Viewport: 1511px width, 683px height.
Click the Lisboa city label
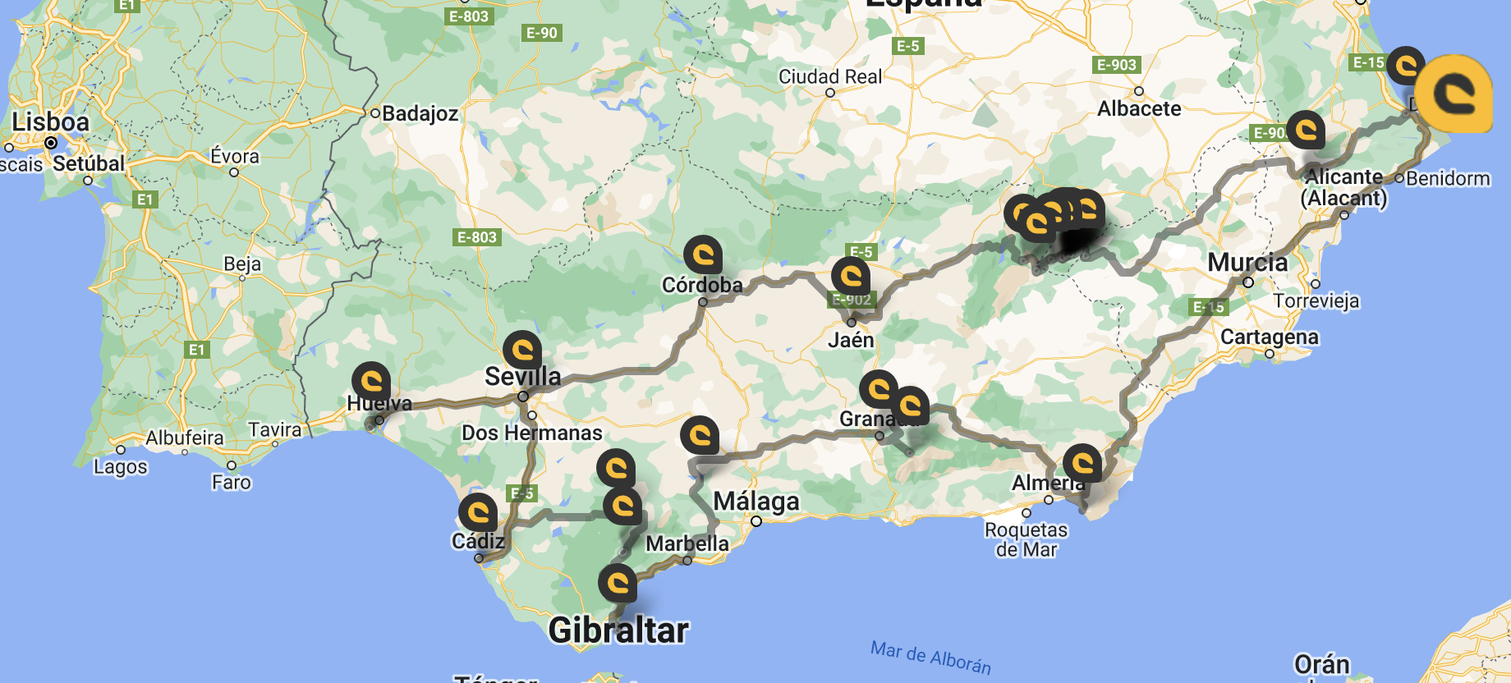click(50, 122)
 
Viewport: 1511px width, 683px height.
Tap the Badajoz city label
click(420, 113)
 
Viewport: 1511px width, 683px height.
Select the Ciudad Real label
click(829, 77)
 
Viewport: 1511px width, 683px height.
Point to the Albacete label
click(1139, 108)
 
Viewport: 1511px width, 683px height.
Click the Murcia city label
click(1247, 263)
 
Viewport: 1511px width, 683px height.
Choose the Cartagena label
click(1269, 337)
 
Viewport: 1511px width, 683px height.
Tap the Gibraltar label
click(618, 630)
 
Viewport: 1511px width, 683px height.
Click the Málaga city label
click(755, 501)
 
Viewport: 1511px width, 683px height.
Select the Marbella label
click(687, 543)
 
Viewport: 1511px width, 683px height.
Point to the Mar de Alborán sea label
click(930, 658)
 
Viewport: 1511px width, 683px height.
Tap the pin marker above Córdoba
click(703, 254)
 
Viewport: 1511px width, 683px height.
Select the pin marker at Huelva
click(371, 381)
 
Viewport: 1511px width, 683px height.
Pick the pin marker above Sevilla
click(522, 350)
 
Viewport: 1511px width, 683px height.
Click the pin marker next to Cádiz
click(478, 512)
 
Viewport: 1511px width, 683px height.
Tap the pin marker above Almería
click(1082, 463)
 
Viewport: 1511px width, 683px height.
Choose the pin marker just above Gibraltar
click(618, 583)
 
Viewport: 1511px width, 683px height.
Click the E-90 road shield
click(541, 33)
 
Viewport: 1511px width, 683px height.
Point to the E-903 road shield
click(1117, 65)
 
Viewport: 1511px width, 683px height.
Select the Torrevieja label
click(1316, 301)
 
